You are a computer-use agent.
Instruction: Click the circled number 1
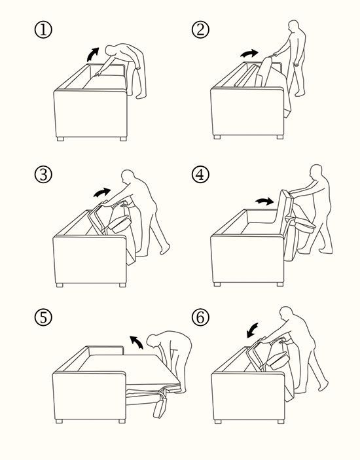[43, 30]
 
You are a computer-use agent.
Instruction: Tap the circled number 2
[200, 30]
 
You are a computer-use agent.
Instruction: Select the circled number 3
[43, 175]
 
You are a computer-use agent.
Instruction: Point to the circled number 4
[200, 175]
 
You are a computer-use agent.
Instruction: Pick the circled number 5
[43, 317]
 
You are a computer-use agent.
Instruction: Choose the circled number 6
[200, 317]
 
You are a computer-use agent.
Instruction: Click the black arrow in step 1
[92, 54]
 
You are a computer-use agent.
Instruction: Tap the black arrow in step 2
[249, 54]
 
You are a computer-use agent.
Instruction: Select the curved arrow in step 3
[102, 192]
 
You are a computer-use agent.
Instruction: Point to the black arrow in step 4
[264, 201]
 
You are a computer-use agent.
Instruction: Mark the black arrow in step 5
[137, 342]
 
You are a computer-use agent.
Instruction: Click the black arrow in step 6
[252, 330]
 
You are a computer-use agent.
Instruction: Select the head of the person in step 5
[153, 341]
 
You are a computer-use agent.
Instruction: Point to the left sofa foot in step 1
[60, 139]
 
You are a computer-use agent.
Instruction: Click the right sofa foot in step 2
[280, 137]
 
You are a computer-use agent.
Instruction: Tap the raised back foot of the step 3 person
[165, 249]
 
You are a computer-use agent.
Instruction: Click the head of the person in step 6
[286, 313]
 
